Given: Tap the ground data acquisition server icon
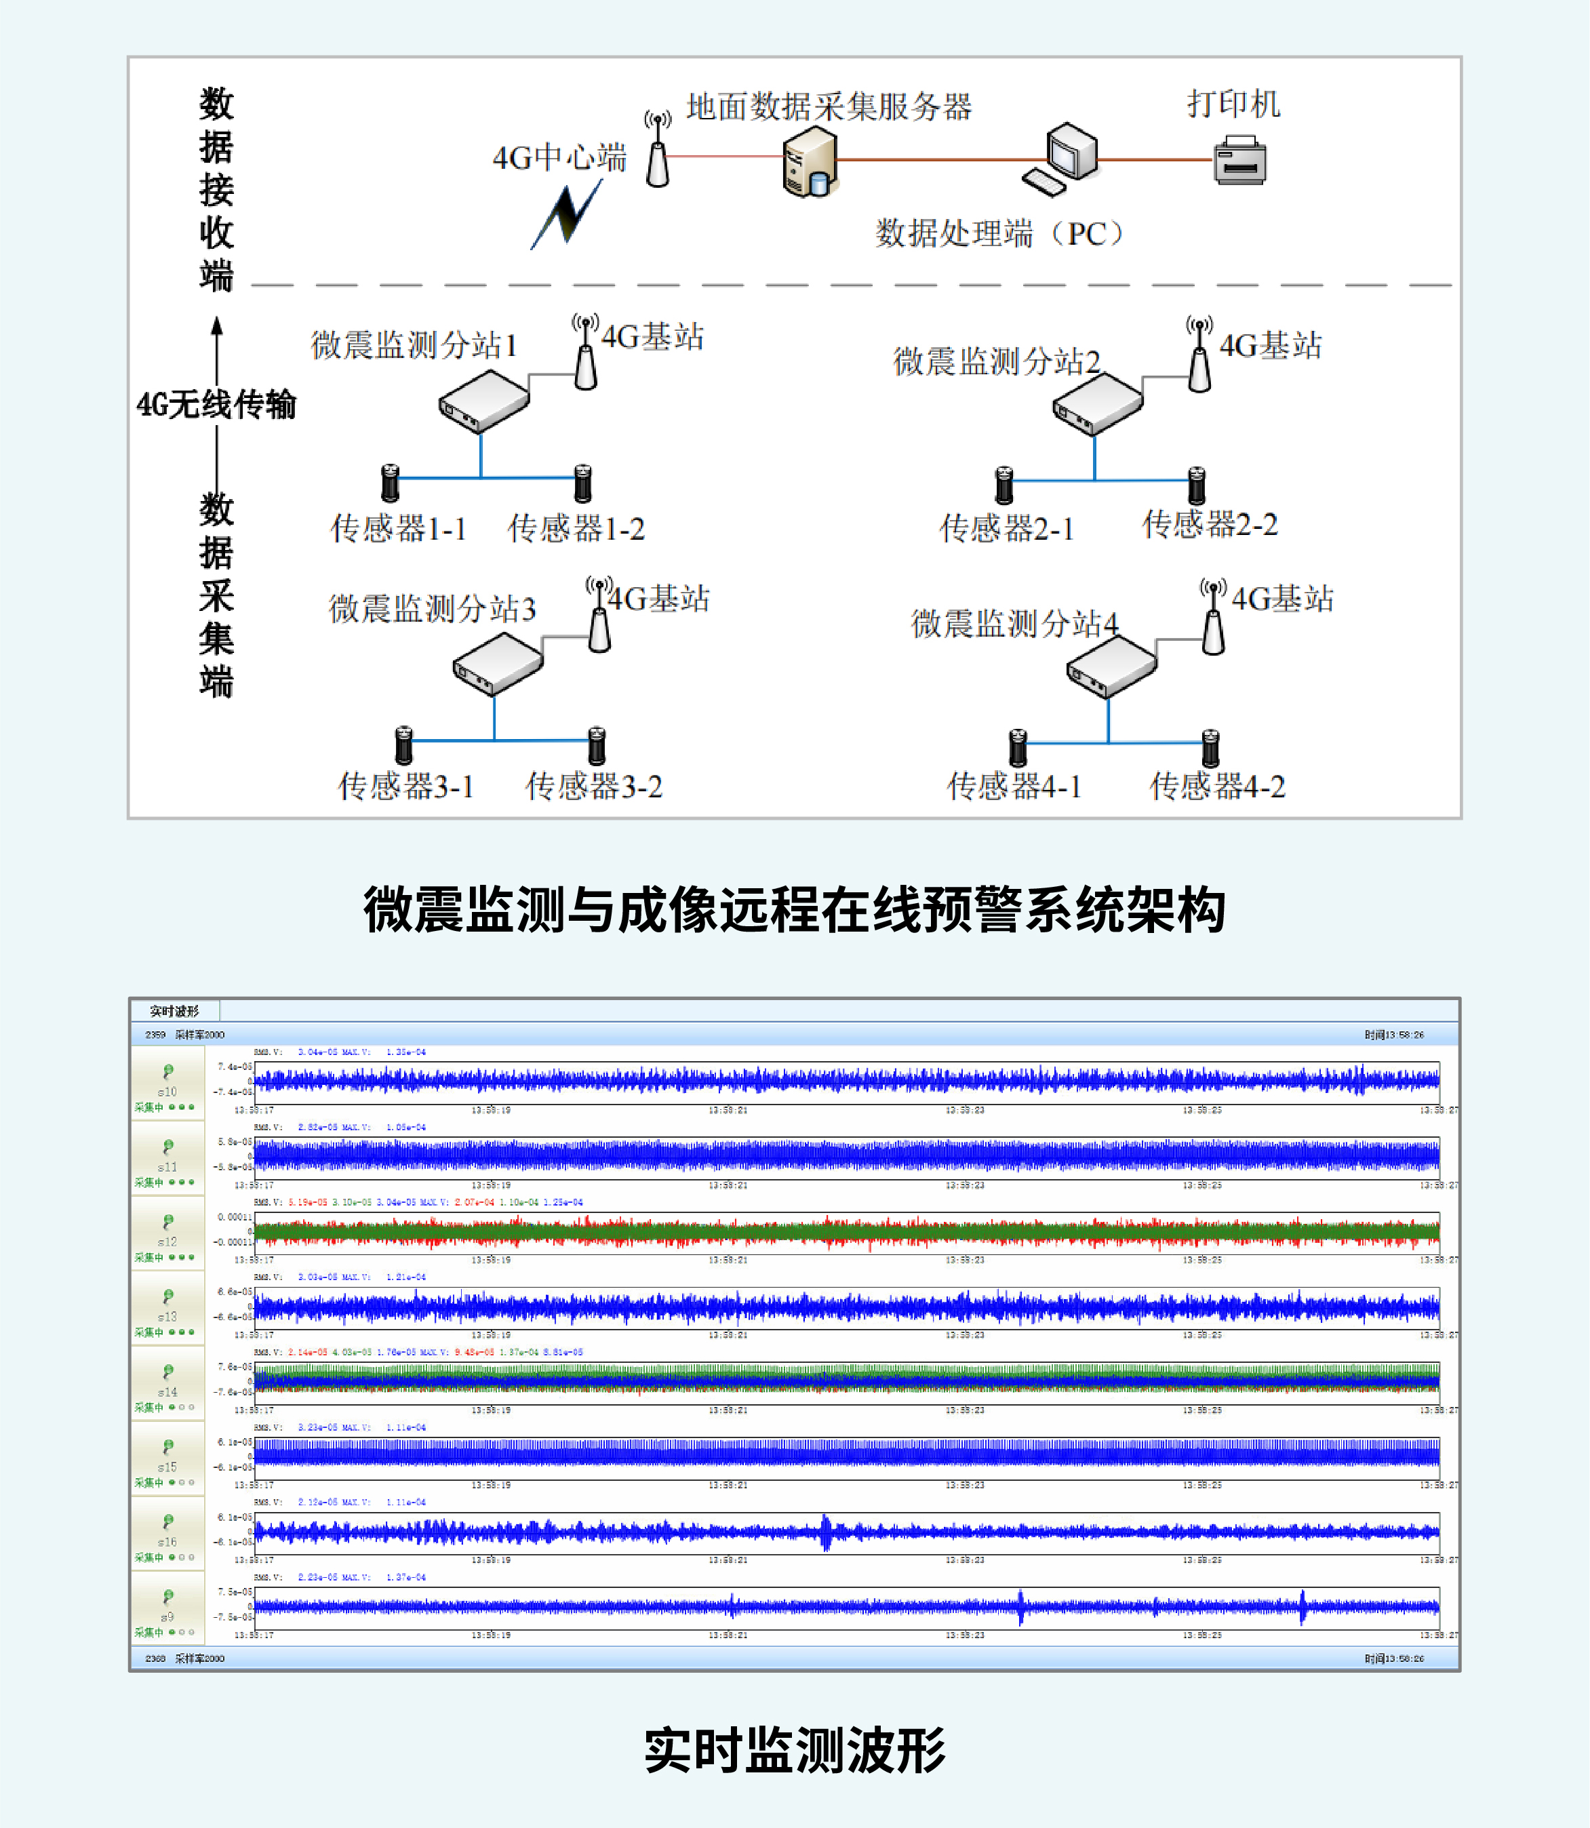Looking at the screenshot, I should (x=809, y=161).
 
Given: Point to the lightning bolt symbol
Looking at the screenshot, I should (x=566, y=216).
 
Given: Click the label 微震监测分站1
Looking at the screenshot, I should (x=414, y=344).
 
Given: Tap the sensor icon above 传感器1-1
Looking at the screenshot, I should (x=389, y=483).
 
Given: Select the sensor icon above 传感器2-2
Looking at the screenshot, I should (x=1196, y=485).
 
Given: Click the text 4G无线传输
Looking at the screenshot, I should (x=216, y=405).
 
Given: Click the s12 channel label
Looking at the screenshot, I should (x=167, y=1241).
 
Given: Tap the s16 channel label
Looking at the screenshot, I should (x=167, y=1541).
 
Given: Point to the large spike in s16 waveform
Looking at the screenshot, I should (x=826, y=1532).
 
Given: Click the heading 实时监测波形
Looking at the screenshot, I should (x=794, y=1751).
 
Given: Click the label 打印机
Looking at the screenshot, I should (x=1233, y=104).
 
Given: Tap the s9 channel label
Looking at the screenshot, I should (x=167, y=1617).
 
